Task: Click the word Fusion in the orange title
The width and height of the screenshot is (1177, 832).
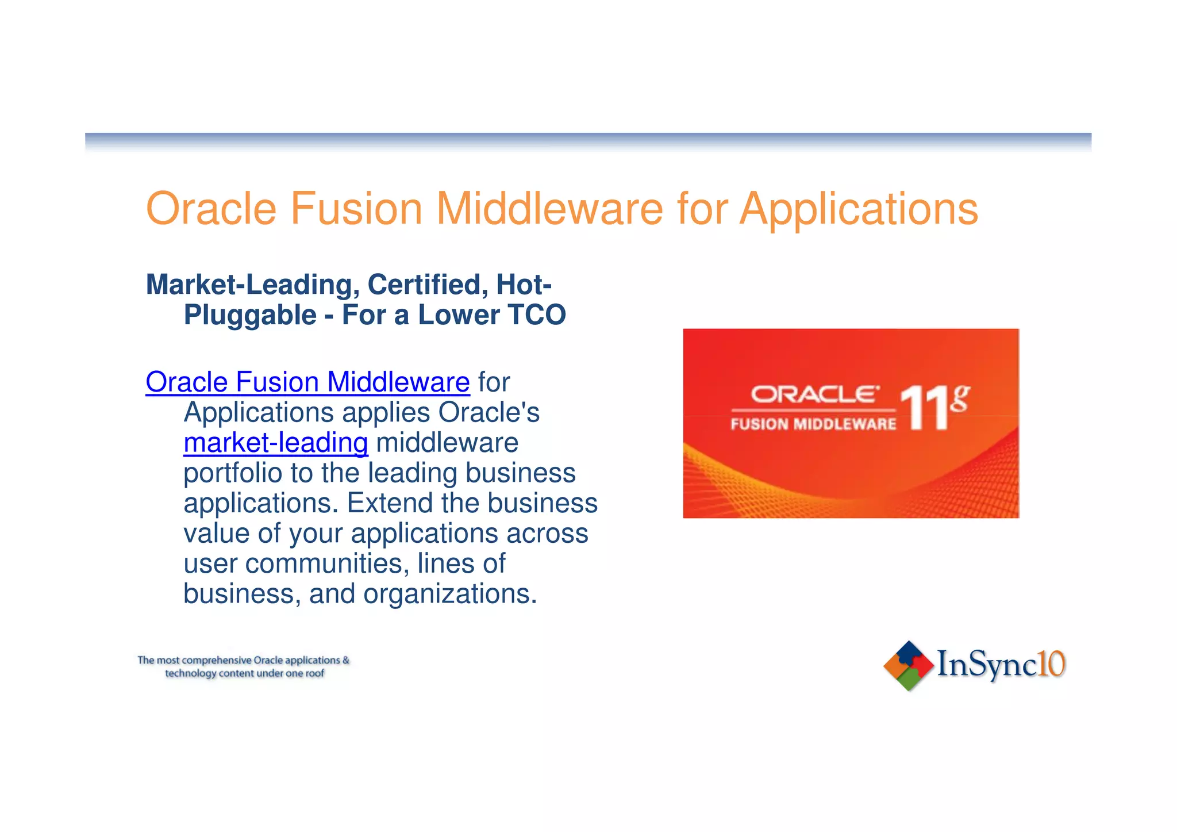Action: point(356,209)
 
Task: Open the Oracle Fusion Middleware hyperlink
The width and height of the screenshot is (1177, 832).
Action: point(307,382)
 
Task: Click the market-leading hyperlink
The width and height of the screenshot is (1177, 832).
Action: point(276,443)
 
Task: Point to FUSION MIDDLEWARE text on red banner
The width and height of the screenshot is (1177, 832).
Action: point(813,425)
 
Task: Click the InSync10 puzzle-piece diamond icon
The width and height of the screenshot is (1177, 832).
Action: point(908,665)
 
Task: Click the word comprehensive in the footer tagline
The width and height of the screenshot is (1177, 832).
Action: point(217,661)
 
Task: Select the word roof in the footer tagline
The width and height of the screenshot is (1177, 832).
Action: point(314,673)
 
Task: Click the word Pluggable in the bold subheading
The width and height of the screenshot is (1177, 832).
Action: point(250,315)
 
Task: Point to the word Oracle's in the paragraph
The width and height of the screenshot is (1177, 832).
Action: point(489,413)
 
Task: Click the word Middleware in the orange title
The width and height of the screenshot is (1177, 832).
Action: point(549,209)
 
